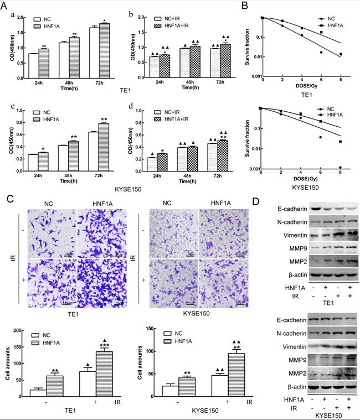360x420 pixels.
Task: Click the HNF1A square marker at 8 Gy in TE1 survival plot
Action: click(341, 54)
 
